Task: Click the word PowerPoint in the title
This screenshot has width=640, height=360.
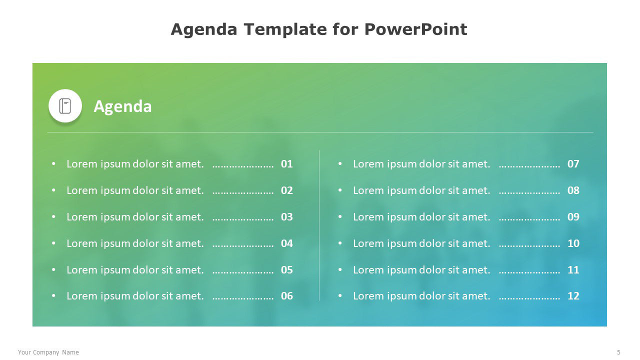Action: (415, 29)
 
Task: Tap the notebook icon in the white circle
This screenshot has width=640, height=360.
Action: (65, 106)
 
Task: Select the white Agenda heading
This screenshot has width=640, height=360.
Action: (122, 106)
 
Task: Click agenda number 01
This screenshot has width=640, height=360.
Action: (287, 164)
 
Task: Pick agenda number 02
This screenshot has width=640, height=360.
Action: (287, 190)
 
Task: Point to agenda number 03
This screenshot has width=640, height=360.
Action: (287, 217)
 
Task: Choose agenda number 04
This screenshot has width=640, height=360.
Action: (287, 243)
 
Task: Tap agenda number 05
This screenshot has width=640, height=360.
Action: (287, 269)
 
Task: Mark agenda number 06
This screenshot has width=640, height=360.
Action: (287, 296)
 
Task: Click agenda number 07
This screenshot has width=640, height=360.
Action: (573, 164)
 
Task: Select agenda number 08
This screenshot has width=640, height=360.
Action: (573, 190)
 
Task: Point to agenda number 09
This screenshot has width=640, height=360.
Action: (573, 217)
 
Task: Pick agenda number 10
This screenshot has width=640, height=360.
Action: (573, 243)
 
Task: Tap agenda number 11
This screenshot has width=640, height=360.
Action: (573, 269)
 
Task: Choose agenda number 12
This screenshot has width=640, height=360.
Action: (573, 296)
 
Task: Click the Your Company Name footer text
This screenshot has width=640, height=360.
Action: (48, 352)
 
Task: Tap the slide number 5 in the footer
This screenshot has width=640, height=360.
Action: (618, 352)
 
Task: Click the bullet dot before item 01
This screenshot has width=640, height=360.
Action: (53, 163)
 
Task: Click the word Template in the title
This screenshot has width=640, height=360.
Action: (285, 29)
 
